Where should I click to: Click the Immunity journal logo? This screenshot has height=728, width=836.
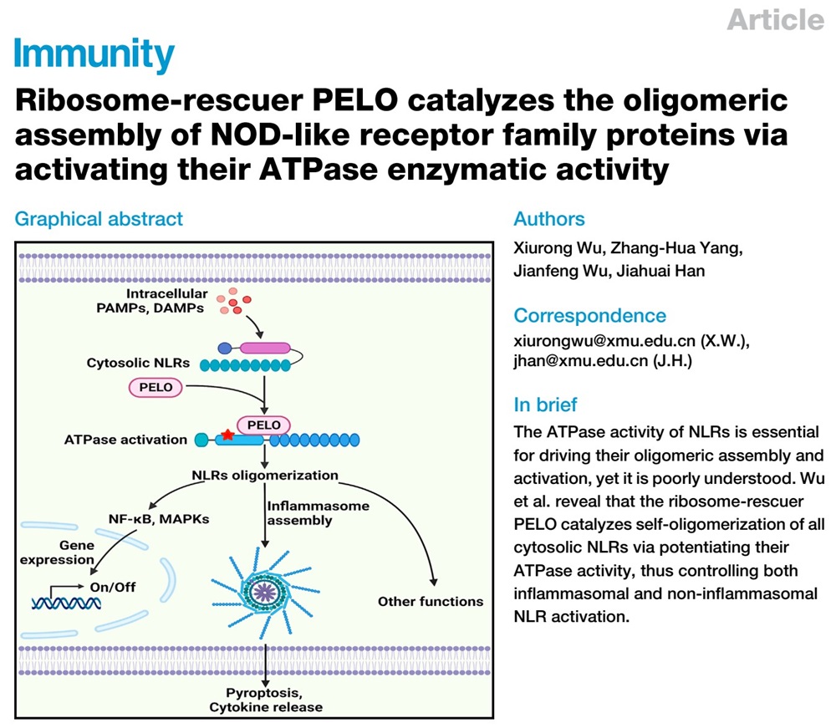click(x=94, y=55)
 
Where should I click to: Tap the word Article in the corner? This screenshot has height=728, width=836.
click(x=775, y=20)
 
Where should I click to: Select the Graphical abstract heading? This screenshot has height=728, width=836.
click(x=99, y=219)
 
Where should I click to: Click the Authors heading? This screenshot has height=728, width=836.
click(x=549, y=219)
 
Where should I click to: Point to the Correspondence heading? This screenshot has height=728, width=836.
click(x=589, y=315)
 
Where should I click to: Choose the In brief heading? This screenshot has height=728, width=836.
click(x=545, y=405)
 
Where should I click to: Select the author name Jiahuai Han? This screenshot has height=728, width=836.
click(x=660, y=271)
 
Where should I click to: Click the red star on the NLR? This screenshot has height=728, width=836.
click(x=227, y=435)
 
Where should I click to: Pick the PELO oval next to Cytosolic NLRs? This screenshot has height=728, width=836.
click(x=155, y=388)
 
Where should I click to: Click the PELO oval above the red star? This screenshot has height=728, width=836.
click(x=264, y=425)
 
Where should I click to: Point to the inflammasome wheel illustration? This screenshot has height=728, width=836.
click(x=265, y=592)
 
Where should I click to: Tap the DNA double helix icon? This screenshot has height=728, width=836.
click(x=66, y=603)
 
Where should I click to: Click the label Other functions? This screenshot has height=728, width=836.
click(x=431, y=602)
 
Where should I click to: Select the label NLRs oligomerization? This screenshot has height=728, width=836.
click(x=265, y=476)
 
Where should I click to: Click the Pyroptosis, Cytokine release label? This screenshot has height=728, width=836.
click(x=266, y=700)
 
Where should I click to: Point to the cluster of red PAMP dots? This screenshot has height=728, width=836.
click(x=233, y=301)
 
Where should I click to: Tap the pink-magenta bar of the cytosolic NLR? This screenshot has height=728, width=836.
click(x=265, y=349)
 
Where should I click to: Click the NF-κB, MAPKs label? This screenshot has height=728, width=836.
click(x=159, y=519)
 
